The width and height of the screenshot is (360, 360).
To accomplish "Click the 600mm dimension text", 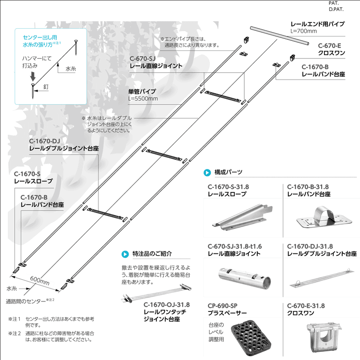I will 39,280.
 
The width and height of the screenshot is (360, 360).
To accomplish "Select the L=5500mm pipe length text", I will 143,99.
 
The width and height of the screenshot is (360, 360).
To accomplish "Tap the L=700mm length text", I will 304,31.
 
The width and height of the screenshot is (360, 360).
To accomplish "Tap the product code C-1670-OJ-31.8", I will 167,304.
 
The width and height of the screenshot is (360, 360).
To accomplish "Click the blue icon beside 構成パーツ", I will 207,172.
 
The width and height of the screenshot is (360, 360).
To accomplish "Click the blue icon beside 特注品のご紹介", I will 125,253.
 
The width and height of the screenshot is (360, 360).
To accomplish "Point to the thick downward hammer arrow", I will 32,76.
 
